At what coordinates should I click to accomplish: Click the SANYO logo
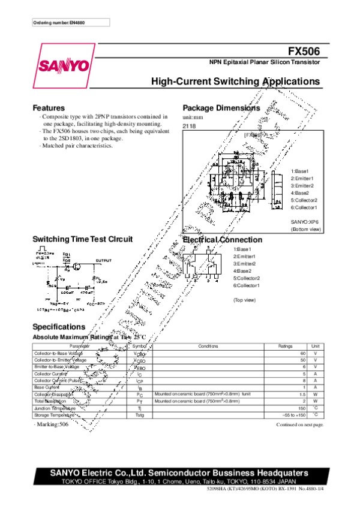click(62, 65)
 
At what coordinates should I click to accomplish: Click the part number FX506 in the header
click(306, 52)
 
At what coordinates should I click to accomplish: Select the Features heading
click(48, 108)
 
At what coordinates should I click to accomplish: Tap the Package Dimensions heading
click(221, 108)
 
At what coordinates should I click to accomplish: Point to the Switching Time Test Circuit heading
click(82, 239)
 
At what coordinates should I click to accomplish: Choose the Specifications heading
click(59, 327)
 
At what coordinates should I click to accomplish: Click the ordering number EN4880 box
click(70, 23)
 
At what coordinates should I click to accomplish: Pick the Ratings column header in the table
click(285, 346)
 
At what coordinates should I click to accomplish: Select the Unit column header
click(316, 346)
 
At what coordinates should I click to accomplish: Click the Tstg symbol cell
click(139, 414)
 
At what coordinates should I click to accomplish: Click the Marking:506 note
click(52, 424)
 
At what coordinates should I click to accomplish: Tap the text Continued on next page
click(299, 424)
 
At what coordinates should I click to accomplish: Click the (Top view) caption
click(245, 299)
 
